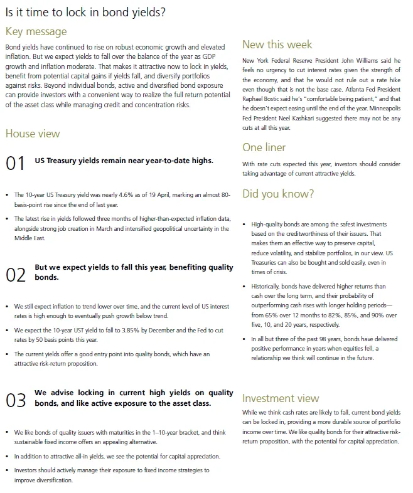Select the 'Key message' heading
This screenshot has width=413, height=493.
pos(36,31)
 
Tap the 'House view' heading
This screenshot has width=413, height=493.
pos(33,134)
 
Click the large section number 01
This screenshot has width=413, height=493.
pos(15,164)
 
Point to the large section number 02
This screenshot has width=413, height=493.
pos(15,274)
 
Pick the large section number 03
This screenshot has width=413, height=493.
pos(15,400)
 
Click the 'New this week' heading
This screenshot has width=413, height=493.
pos(277,45)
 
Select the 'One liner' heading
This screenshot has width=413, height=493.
pos(264,147)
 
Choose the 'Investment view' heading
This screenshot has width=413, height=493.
pos(281,398)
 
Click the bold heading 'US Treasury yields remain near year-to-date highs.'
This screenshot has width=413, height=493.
pos(124,160)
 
